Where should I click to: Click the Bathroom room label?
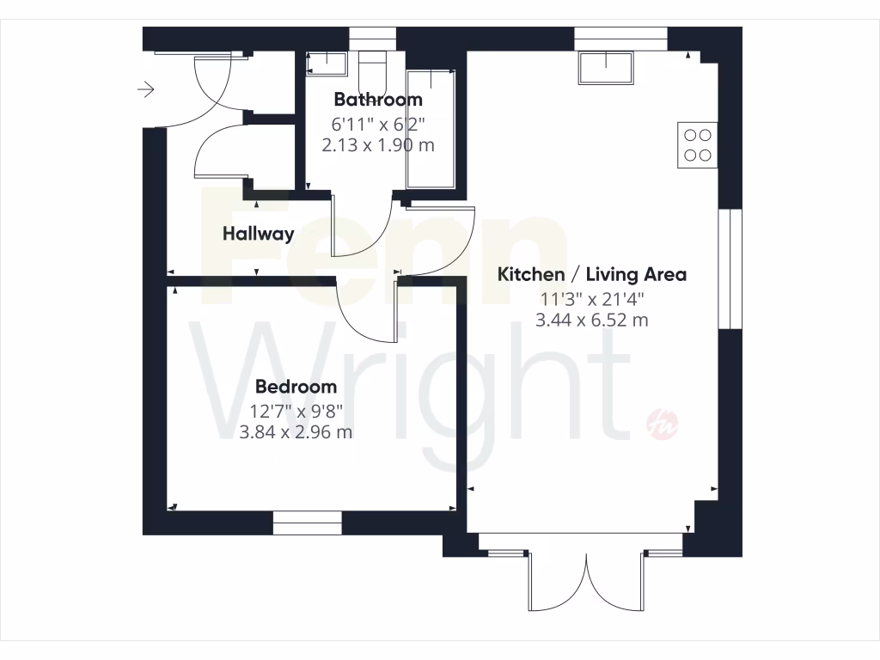378,100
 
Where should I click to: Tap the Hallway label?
259,233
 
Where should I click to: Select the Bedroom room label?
296,387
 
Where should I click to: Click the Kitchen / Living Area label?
592,275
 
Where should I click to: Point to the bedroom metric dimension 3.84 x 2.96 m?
296,432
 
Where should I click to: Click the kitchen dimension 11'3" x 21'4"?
592,299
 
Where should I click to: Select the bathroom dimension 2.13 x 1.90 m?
378,145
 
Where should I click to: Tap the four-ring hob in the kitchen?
697,144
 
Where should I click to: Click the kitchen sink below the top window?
606,68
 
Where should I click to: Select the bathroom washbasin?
327,62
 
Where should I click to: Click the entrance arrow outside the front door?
145,89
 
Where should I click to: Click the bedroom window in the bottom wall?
307,522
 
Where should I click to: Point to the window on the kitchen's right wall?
730,268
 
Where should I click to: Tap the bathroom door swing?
361,228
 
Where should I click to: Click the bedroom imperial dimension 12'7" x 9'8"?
296,410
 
